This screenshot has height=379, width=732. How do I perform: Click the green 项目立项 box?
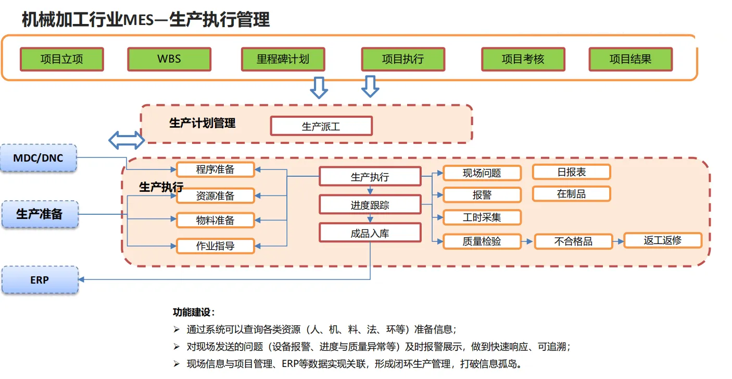[x=62, y=59]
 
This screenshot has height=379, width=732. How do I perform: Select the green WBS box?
[x=169, y=59]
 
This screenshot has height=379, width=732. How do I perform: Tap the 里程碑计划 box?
[x=283, y=59]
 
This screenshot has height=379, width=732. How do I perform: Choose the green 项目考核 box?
[x=523, y=59]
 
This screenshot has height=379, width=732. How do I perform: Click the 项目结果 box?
[x=630, y=59]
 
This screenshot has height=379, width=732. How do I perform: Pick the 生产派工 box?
[x=321, y=126]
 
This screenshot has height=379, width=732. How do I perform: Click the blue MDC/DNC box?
[x=39, y=158]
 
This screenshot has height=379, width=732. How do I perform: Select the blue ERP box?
[x=40, y=280]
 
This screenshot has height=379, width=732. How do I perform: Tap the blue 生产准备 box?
[x=40, y=214]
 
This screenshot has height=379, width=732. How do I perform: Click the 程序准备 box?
[x=216, y=169]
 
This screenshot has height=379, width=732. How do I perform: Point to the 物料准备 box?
[x=216, y=221]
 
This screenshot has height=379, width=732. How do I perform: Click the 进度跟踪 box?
[x=370, y=205]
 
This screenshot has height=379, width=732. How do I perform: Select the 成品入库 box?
[x=370, y=233]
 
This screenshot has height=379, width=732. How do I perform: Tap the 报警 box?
[x=482, y=195]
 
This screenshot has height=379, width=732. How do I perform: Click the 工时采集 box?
[x=482, y=217]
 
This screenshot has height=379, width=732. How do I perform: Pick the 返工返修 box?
[x=662, y=240]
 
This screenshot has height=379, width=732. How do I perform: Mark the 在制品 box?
[x=571, y=194]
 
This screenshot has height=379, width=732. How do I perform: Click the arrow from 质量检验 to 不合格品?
[x=527, y=242]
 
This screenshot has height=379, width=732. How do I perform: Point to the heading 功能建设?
[x=194, y=313]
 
